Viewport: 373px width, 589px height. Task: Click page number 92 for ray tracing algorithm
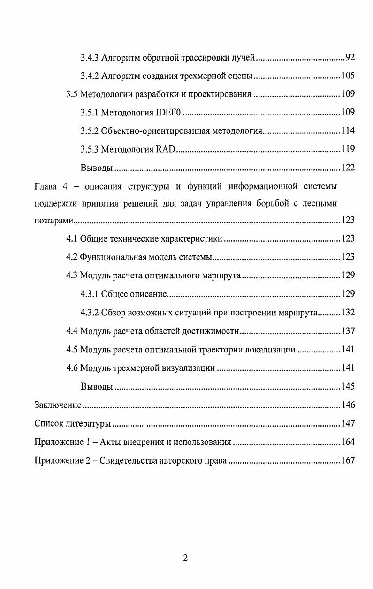pyautogui.click(x=350, y=58)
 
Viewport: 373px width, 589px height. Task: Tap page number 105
pyautogui.click(x=348, y=76)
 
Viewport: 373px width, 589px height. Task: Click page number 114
pyautogui.click(x=348, y=131)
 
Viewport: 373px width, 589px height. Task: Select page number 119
pyautogui.click(x=348, y=150)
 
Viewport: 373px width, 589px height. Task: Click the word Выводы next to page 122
pyautogui.click(x=97, y=168)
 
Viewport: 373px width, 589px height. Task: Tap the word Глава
pyautogui.click(x=46, y=187)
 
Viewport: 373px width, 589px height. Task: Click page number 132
pyautogui.click(x=348, y=313)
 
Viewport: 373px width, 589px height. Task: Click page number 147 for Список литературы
pyautogui.click(x=348, y=424)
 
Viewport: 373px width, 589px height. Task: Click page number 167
pyautogui.click(x=348, y=461)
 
